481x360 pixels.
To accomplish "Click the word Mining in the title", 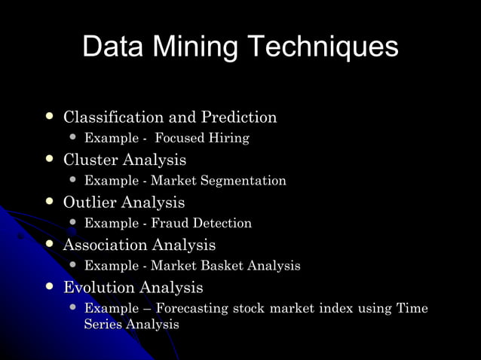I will click(195, 47).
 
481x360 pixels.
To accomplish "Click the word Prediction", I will click(239, 117).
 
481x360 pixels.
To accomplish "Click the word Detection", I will click(221, 224).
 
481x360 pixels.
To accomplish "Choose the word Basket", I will click(213, 266).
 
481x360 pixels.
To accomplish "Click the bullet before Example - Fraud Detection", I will click(73, 223).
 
